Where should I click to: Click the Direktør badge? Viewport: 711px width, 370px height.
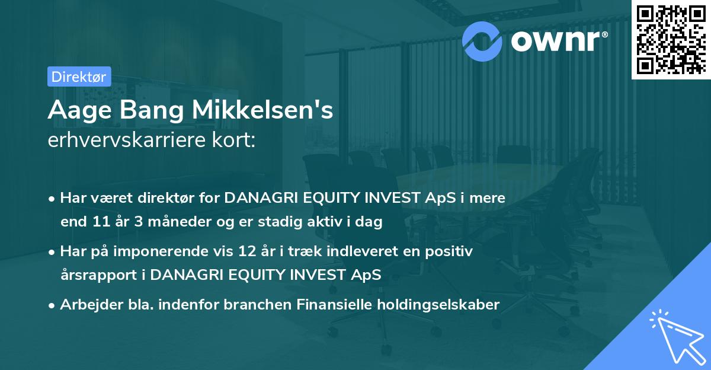[x=78, y=76]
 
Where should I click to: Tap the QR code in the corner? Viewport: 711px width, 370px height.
[x=670, y=39]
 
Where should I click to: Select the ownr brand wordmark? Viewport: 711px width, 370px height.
[x=556, y=40]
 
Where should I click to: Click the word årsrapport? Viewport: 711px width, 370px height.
[x=99, y=275]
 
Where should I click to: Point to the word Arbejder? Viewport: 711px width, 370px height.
[x=85, y=305]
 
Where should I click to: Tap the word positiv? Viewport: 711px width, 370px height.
[x=451, y=251]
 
